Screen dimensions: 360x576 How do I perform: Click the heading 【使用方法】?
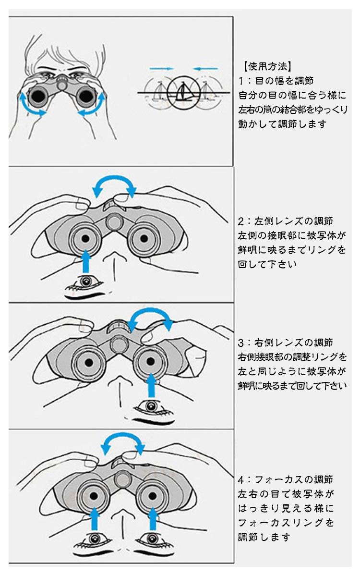(267, 66)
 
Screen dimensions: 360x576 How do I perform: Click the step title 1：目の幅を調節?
(276, 81)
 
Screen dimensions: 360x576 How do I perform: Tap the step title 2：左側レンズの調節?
(285, 221)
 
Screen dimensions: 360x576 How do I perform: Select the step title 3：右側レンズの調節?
(285, 343)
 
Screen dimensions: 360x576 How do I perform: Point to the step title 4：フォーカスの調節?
(285, 479)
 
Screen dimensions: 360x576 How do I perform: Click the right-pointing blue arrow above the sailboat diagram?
(162, 69)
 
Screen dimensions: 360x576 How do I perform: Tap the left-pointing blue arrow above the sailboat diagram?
(205, 69)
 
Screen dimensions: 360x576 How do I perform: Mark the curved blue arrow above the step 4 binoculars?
(122, 436)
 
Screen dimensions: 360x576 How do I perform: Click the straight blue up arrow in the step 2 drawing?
(85, 261)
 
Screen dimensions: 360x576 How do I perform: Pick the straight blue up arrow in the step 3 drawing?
(151, 385)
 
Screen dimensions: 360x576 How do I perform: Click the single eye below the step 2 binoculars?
(86, 282)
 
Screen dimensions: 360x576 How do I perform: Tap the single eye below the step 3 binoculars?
(151, 406)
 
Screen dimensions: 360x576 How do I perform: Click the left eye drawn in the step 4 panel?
(94, 539)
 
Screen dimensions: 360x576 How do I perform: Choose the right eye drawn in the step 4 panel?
(153, 539)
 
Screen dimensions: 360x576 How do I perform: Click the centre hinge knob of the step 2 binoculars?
(114, 222)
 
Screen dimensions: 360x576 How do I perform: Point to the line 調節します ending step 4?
(264, 537)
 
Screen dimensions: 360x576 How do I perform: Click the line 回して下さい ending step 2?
(267, 264)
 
